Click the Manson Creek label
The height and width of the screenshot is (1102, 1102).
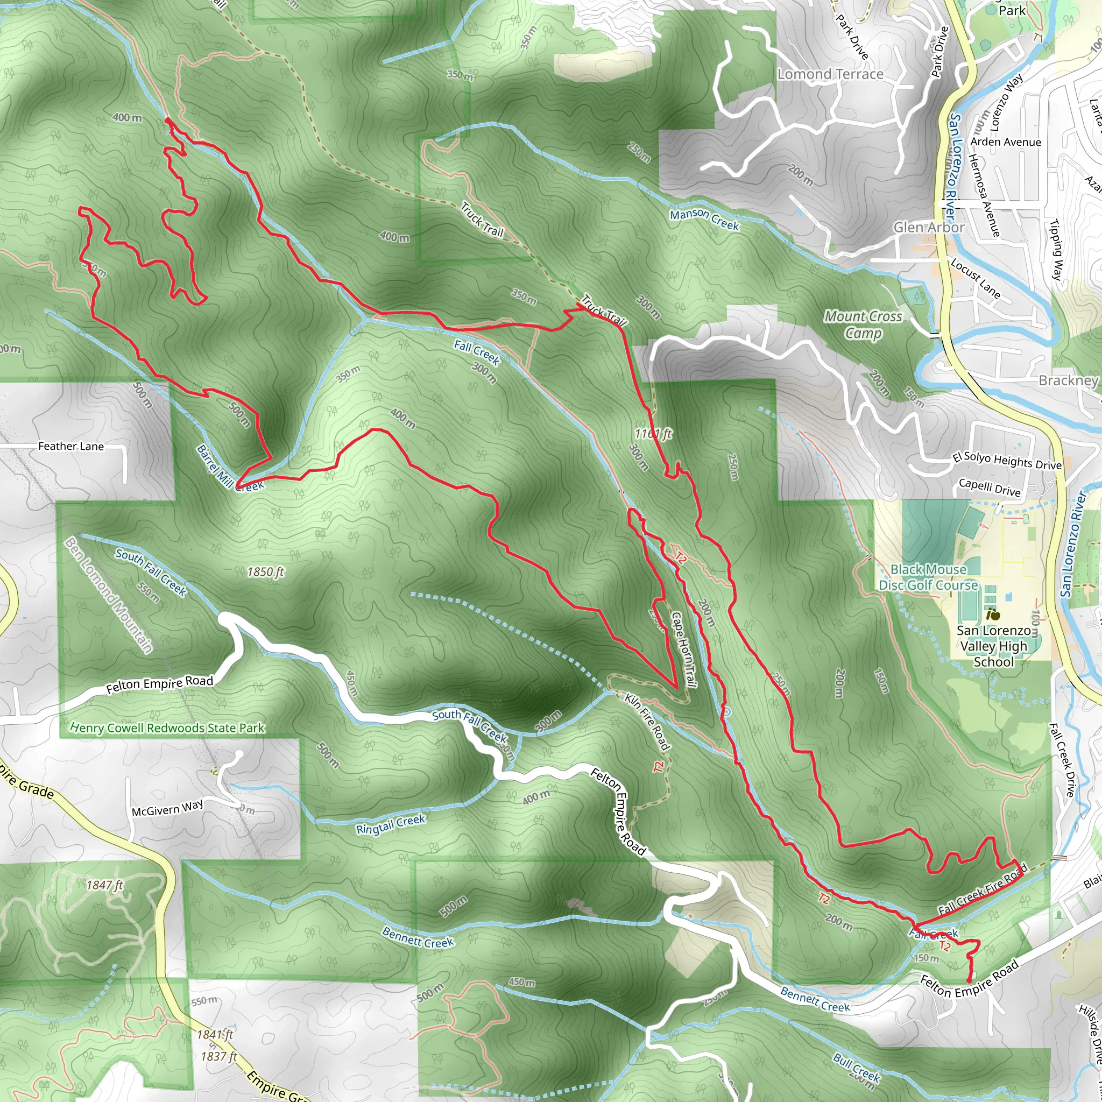tap(704, 220)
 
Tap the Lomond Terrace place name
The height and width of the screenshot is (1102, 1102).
tap(830, 74)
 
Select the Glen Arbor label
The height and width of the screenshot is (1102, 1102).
tap(929, 227)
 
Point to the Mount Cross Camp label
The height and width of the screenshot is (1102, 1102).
tap(863, 324)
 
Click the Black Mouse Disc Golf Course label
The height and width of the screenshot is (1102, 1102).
tap(928, 577)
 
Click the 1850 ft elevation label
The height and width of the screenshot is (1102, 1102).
tap(265, 571)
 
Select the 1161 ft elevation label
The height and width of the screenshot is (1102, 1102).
tap(653, 434)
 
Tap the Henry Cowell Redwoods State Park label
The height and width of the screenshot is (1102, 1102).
tap(167, 728)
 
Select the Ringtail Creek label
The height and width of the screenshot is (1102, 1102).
tap(391, 824)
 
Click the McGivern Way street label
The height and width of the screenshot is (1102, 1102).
tap(167, 808)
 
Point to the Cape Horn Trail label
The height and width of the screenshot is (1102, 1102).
tap(683, 649)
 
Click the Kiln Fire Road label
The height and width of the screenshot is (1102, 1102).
tap(647, 722)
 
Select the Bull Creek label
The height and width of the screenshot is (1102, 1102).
tap(856, 1067)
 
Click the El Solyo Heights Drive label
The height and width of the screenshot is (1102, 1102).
tap(1007, 461)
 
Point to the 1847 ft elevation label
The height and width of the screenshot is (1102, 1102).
tap(105, 885)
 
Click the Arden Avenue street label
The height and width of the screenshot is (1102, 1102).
tap(1006, 142)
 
